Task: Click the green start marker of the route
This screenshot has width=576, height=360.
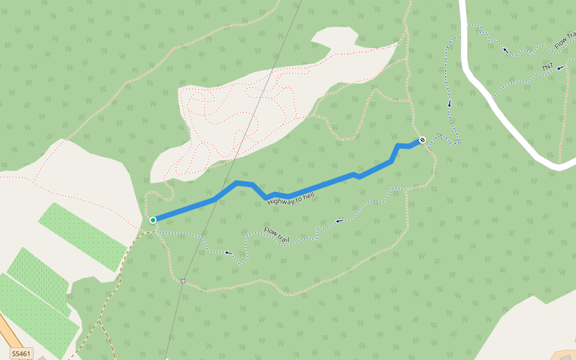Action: (x=153, y=220)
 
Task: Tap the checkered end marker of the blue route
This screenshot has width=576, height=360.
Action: (x=422, y=140)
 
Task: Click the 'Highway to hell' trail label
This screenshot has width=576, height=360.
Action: (x=291, y=199)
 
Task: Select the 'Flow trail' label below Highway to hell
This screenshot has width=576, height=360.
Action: (x=277, y=234)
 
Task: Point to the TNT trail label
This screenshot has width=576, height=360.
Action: (x=547, y=67)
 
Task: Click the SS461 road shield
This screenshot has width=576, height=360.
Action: (x=21, y=353)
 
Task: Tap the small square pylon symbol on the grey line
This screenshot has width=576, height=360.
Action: (x=183, y=281)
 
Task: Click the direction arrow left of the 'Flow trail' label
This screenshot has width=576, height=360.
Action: (x=228, y=253)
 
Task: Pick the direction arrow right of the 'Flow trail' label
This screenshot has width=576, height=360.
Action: (x=339, y=221)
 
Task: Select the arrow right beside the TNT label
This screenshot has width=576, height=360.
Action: (x=560, y=68)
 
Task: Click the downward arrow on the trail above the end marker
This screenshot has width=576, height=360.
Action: (x=449, y=105)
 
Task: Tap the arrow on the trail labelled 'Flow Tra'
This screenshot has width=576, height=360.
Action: (x=506, y=50)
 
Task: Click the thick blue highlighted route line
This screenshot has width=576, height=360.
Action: (x=312, y=188)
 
